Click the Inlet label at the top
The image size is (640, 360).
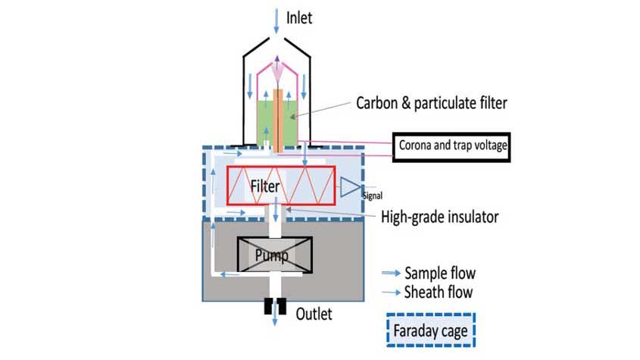coord(299,18)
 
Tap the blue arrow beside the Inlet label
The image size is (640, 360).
coord(276,21)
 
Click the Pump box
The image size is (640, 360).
coord(275,255)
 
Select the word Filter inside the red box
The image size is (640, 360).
coord(265,186)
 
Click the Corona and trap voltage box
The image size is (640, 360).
coord(451,147)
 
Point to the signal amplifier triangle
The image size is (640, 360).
coord(350,186)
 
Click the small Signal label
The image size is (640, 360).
coord(373,196)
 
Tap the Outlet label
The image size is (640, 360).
coord(314,314)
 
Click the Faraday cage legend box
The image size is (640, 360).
coord(431,330)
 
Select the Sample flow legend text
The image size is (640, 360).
coord(440,273)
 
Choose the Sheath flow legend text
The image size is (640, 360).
coord(439,292)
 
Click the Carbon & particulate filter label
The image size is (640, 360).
coord(432,103)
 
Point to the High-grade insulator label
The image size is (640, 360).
coord(439,217)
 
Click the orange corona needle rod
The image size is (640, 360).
coord(277,121)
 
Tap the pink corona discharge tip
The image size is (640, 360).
coord(277,72)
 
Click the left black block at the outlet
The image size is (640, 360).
coord(268,306)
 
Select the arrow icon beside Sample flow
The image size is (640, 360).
coord(391,273)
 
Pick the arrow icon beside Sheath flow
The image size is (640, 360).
coord(391,292)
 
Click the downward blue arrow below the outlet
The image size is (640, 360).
coord(275,314)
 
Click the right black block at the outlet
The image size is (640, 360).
coord(282,306)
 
